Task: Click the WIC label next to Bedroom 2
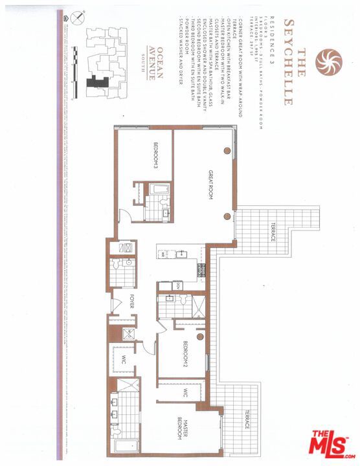pos(185,392)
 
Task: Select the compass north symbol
pos(79,20)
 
